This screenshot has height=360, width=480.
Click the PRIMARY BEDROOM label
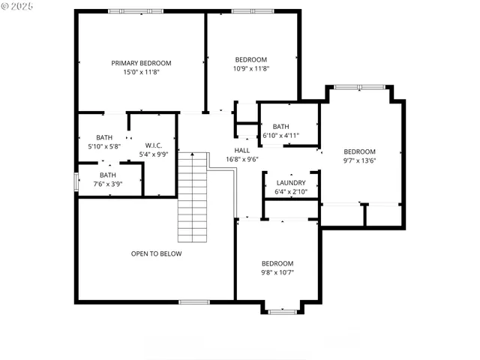(141, 63)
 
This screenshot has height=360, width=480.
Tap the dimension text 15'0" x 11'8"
(141, 72)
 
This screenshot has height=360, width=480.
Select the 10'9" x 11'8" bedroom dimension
(250, 68)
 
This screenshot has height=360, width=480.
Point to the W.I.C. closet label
(153, 145)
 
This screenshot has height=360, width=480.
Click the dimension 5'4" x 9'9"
(153, 154)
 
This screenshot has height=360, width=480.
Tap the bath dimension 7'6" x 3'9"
(108, 184)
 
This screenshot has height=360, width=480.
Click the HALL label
(241, 150)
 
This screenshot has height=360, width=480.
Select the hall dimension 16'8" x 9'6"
(241, 159)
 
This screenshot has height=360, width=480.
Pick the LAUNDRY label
(290, 182)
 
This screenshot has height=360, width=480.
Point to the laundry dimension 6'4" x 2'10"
(290, 191)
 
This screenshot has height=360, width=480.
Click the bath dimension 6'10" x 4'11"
(280, 136)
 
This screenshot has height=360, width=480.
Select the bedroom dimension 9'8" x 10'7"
(277, 272)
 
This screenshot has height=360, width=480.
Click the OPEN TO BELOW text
(156, 253)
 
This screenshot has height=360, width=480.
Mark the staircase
(192, 197)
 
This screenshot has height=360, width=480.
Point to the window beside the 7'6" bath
(75, 182)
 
